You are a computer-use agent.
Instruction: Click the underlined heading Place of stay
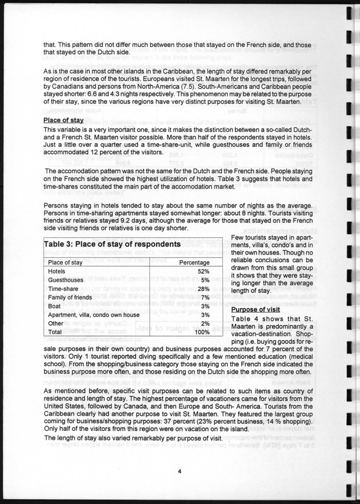click(x=64, y=120)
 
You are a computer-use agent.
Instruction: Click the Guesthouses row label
click(x=66, y=280)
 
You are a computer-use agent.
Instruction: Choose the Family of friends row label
click(x=68, y=297)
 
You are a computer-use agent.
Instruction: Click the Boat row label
click(x=55, y=306)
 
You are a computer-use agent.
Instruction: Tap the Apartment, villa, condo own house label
click(x=94, y=314)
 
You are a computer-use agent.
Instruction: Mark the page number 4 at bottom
click(x=179, y=471)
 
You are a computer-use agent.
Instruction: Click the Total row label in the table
click(x=55, y=331)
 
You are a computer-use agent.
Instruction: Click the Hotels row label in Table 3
click(x=57, y=271)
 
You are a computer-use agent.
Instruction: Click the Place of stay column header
click(x=66, y=262)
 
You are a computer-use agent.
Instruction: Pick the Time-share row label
click(x=63, y=289)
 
